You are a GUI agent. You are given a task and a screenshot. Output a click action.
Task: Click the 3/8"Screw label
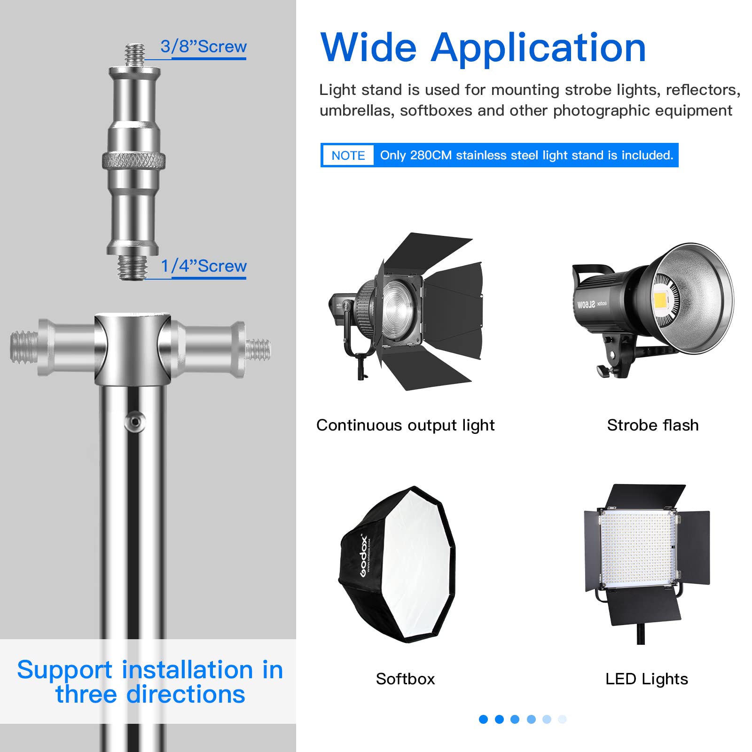pos(203,47)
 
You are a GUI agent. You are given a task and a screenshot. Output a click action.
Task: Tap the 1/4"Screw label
pos(203,266)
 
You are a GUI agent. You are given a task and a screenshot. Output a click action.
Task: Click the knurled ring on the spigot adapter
pos(134,161)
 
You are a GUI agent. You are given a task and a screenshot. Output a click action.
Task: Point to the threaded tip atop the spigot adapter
pos(135,55)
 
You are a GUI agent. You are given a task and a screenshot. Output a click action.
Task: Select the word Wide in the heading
pos(368,48)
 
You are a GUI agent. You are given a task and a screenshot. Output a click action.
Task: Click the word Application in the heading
pos(538,49)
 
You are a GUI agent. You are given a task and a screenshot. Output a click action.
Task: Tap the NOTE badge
pos(348,156)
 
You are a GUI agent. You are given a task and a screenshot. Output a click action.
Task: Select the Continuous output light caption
pos(405,425)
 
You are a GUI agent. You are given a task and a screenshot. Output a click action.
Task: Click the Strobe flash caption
pos(652,425)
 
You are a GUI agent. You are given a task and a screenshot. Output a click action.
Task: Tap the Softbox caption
pos(405,679)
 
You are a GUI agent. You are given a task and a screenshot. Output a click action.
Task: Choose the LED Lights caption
pos(646,679)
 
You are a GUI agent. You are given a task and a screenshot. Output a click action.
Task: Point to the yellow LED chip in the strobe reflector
pos(661,299)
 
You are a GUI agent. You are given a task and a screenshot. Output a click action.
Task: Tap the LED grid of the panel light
pos(637,550)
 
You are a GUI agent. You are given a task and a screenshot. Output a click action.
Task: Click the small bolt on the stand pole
pos(135,421)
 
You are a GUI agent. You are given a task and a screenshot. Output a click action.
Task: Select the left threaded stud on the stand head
pos(23,347)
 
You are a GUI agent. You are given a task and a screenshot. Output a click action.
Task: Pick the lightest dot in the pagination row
pos(562,719)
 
